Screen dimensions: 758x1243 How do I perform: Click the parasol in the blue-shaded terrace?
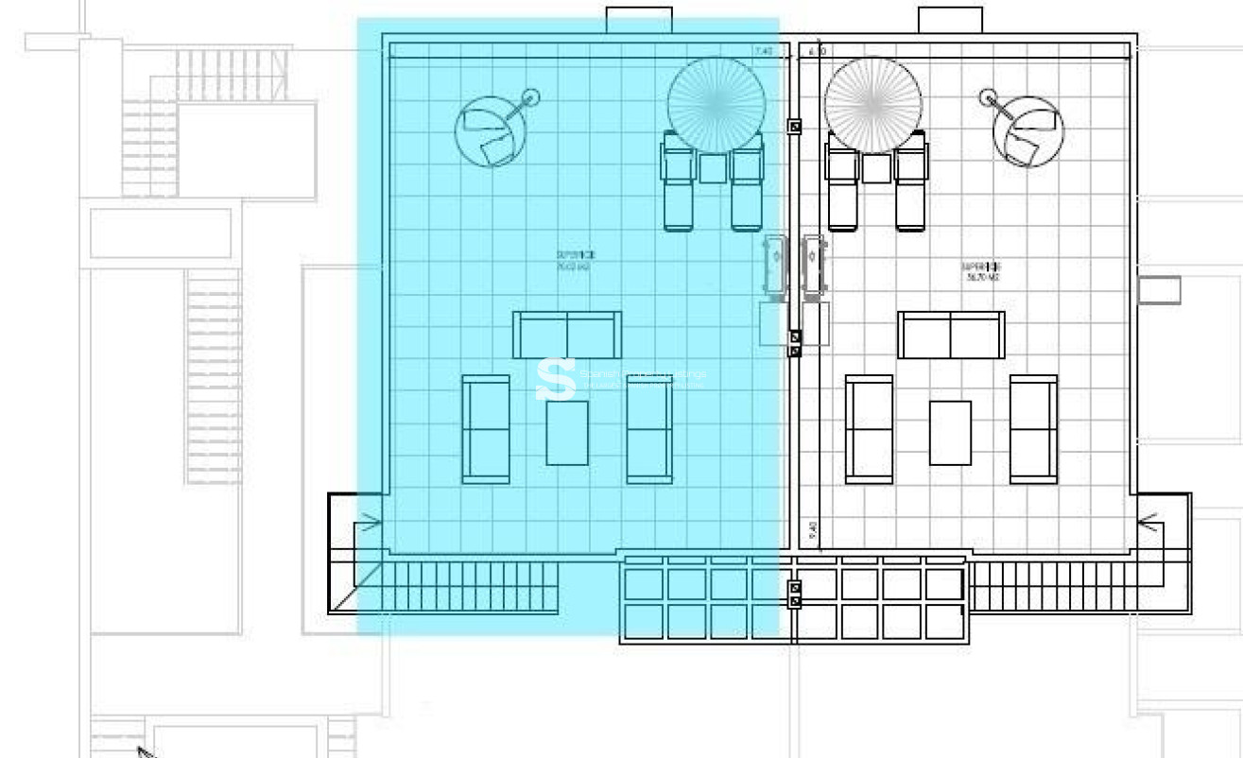click(x=716, y=104)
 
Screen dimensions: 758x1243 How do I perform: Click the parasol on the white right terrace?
click(x=872, y=104)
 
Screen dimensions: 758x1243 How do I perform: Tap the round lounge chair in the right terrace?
click(x=1027, y=132)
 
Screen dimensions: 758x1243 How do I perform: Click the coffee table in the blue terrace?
click(x=567, y=432)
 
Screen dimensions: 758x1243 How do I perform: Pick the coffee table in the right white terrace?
click(x=950, y=432)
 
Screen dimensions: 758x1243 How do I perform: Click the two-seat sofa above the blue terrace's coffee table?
click(x=567, y=335)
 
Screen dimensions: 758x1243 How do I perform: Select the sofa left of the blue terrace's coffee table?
click(x=486, y=429)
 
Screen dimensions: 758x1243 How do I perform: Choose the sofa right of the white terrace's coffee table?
click(x=1033, y=429)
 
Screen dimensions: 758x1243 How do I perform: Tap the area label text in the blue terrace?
click(x=575, y=261)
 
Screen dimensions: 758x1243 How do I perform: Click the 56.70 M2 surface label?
click(x=982, y=272)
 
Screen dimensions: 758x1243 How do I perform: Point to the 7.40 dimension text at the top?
click(x=764, y=51)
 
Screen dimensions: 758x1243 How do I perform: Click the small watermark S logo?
click(x=556, y=379)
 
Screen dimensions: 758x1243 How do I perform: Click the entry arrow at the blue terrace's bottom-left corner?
click(x=370, y=521)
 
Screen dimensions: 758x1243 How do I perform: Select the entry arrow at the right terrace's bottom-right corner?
click(x=1148, y=521)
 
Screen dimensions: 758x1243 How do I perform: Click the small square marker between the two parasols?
click(x=794, y=126)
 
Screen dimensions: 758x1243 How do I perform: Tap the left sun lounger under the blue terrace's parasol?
click(x=679, y=181)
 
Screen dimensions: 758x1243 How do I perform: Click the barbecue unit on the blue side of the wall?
click(x=774, y=267)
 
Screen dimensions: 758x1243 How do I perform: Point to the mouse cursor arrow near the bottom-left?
click(x=146, y=752)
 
